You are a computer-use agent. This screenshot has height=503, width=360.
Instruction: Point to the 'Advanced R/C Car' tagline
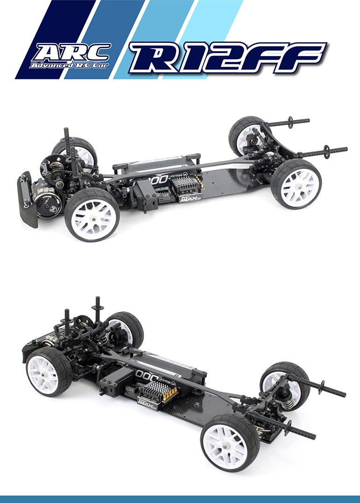[69, 65]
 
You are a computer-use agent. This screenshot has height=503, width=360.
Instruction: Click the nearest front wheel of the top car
[92, 214]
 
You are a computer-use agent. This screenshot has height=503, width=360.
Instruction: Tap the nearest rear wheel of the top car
[296, 183]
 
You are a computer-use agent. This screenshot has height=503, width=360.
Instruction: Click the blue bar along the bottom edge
[180, 499]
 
